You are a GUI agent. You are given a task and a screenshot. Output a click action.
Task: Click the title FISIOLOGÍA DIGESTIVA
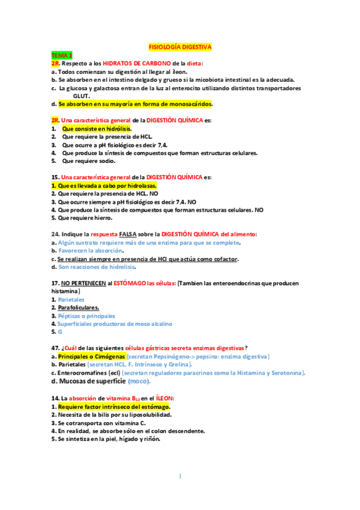click(x=180, y=46)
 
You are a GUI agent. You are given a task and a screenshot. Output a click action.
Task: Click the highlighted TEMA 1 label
click(x=62, y=55)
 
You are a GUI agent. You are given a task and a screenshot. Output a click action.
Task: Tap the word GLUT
click(x=82, y=96)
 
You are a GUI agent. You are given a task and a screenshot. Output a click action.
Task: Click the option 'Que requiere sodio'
click(x=89, y=161)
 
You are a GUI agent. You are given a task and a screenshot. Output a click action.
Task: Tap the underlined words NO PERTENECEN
click(x=87, y=283)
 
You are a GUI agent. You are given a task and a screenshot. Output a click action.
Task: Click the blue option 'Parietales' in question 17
click(x=71, y=299)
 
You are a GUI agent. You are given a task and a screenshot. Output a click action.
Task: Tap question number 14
click(x=55, y=398)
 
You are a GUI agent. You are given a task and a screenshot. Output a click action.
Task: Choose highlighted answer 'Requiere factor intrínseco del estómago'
click(x=108, y=407)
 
